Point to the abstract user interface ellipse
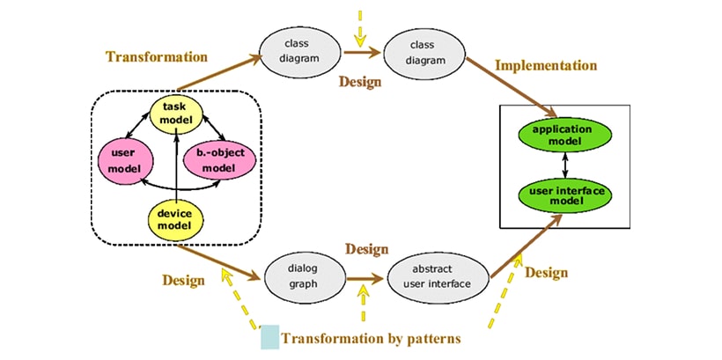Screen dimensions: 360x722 pyautogui.click(x=437, y=278)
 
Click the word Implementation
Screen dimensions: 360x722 pyautogui.click(x=546, y=66)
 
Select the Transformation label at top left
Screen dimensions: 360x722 pyautogui.click(x=157, y=57)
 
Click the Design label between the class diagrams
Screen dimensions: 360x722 pyautogui.click(x=360, y=82)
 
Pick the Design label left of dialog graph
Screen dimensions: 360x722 pyautogui.click(x=183, y=280)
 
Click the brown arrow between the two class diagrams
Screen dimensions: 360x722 pyautogui.click(x=362, y=54)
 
